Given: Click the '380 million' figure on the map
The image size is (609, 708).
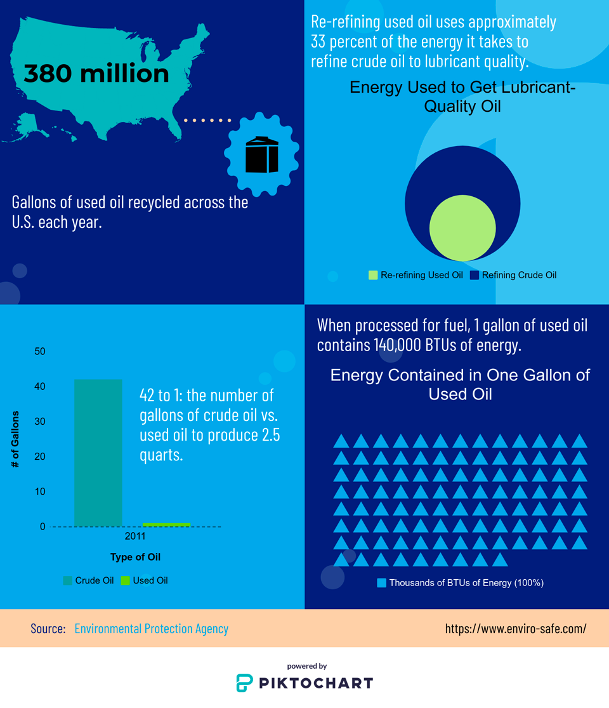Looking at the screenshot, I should pos(96,74).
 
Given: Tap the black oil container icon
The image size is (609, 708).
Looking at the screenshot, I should pos(262,154).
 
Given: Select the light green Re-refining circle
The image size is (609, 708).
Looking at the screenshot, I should pos(462,228).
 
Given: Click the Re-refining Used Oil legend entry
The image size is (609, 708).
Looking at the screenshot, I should pos(416,275).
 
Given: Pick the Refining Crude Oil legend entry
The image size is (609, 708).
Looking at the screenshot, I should pos(513,275).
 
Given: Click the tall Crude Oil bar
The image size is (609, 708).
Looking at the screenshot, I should pos(98,453).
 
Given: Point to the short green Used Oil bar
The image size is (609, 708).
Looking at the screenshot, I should pos(166,524).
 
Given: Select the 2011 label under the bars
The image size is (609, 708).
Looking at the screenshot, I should pos(135,537).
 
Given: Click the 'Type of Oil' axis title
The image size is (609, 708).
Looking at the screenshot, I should pos(135,557).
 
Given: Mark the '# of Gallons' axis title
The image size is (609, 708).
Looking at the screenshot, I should pos(15,439).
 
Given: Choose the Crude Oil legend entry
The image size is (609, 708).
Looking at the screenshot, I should pos(89,580).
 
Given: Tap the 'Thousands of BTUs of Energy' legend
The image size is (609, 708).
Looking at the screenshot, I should pos(461,582).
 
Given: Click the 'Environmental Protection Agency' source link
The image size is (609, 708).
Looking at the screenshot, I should pos(151,629).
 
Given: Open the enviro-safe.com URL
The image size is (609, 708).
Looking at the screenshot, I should pos(516,629).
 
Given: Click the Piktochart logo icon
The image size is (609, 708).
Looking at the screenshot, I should pos(244,683).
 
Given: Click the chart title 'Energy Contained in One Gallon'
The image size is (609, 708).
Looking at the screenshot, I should pos(460,375).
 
